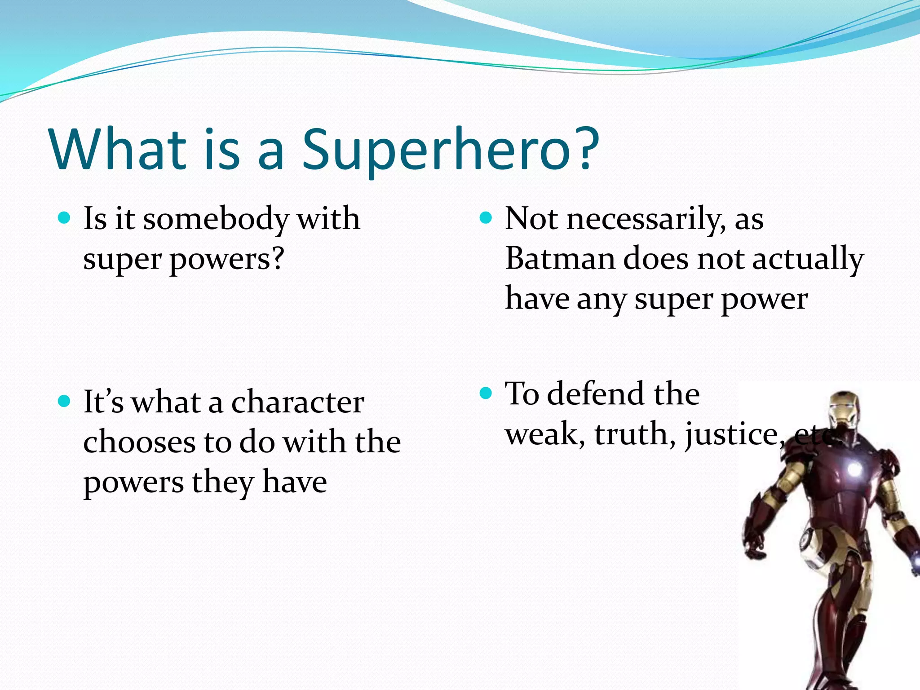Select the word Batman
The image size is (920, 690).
point(560,259)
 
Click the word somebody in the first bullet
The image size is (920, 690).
point(216,219)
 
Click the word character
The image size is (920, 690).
point(297,402)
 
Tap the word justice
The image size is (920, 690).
point(732,435)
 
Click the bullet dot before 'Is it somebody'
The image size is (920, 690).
point(65,218)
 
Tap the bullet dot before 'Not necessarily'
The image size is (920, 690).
point(486,218)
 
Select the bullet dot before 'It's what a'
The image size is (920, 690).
point(65,401)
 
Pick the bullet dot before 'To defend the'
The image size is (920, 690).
point(486,394)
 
